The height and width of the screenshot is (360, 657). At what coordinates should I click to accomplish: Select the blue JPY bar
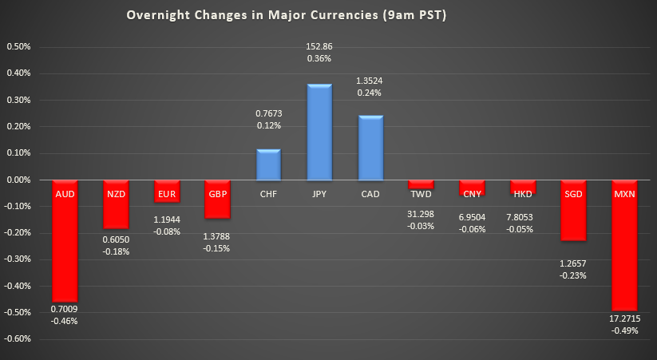pos(319,132)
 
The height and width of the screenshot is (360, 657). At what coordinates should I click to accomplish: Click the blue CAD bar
pos(370,148)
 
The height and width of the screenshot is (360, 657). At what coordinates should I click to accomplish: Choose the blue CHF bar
pos(268,164)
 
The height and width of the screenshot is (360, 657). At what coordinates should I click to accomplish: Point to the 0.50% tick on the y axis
pos(18,46)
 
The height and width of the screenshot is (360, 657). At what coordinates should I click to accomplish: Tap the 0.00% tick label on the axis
pos(18,180)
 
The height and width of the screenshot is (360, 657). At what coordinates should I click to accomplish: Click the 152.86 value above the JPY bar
pos(319,46)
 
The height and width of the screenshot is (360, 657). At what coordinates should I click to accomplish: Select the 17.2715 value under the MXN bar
pos(625,318)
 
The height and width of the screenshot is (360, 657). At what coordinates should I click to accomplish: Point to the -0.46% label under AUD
pos(65,321)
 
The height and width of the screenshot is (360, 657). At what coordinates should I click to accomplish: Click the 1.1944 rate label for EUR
pos(167,218)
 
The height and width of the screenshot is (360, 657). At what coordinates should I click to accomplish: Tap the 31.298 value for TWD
pos(422,213)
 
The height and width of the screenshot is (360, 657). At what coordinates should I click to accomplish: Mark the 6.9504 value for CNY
pos(472,217)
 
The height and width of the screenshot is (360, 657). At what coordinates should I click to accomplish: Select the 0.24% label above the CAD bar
pos(370,92)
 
